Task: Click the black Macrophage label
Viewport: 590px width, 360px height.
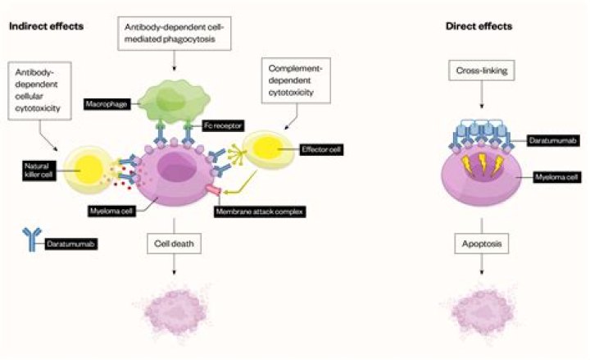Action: (x=107, y=105)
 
